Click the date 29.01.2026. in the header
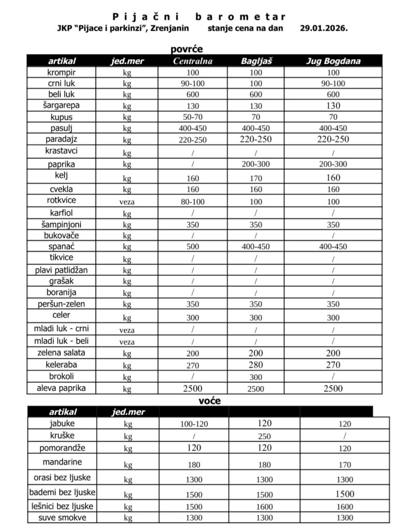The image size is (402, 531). (x=323, y=28)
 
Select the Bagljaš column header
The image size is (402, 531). (x=256, y=61)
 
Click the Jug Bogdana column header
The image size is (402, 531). (x=333, y=61)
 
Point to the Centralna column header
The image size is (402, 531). (x=193, y=61)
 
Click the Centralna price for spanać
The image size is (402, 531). (x=193, y=247)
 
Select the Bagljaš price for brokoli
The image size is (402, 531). (x=256, y=378)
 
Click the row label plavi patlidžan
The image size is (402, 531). (x=62, y=270)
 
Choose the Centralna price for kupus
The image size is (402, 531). (x=193, y=117)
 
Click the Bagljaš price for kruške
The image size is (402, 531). (x=264, y=436)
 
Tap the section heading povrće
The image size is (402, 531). (x=186, y=49)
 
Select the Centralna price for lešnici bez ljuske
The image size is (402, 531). (x=194, y=507)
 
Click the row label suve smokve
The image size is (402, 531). (x=62, y=518)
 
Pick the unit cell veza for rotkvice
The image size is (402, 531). (x=126, y=202)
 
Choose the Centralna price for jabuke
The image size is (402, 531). (x=194, y=424)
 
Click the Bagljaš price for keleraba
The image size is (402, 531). (x=256, y=365)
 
